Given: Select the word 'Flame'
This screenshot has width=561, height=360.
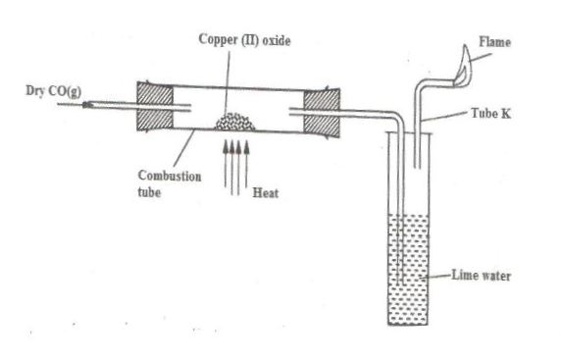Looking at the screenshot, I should pyautogui.click(x=495, y=41).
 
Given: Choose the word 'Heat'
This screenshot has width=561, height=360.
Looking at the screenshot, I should pyautogui.click(x=266, y=193).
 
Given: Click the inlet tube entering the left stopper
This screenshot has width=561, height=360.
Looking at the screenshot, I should pyautogui.click(x=108, y=101).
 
